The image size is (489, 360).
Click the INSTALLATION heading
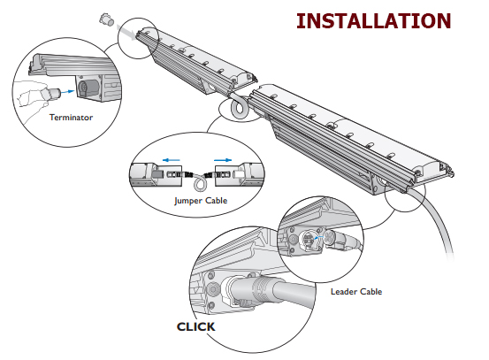[374, 21]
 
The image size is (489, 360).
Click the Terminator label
[71, 118]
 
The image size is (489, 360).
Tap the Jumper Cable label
[201, 201]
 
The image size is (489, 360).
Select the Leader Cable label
[356, 291]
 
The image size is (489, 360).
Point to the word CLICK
[195, 326]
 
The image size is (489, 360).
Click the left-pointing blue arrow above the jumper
[172, 160]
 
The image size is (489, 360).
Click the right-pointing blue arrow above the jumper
[223, 160]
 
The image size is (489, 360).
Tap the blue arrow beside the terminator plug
[67, 91]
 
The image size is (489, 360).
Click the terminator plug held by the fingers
[51, 93]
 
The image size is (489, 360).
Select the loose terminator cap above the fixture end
[106, 19]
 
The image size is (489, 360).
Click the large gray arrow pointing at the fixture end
[127, 32]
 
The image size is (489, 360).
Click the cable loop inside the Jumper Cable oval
[200, 183]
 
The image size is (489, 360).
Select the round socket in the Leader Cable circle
[309, 240]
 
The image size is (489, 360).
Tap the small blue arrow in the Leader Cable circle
[318, 238]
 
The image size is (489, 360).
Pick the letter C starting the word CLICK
[181, 326]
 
